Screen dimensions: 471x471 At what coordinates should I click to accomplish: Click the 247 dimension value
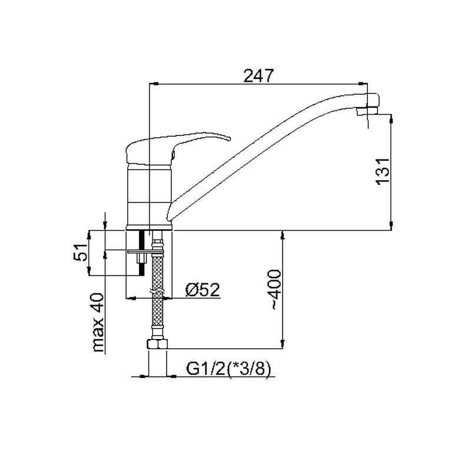[x=258, y=75]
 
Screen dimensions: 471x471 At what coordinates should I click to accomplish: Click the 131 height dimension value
[x=384, y=171]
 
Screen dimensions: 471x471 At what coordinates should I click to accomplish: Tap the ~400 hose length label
[x=276, y=289]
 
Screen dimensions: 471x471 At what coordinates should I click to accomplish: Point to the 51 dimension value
[x=81, y=252]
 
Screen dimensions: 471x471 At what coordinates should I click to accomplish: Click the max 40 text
[x=98, y=322]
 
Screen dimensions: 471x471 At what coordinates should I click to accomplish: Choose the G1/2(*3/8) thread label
[x=228, y=369]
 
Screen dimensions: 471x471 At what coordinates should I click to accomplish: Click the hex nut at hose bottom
[x=157, y=344]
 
